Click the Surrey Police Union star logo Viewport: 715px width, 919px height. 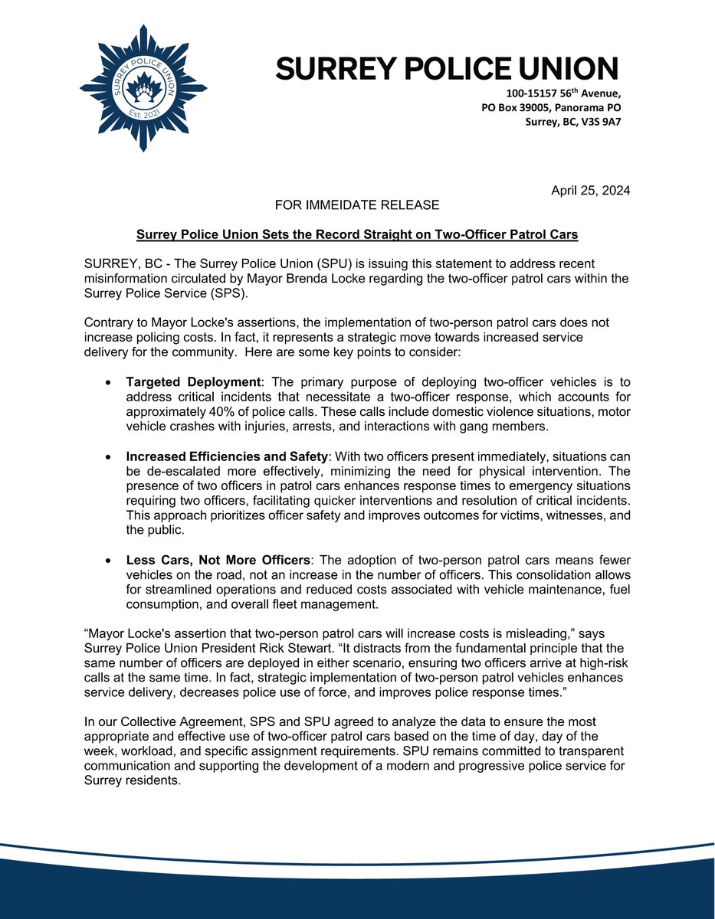[143, 88]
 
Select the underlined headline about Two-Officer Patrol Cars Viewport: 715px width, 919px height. [357, 234]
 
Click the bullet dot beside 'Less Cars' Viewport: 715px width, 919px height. [110, 564]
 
